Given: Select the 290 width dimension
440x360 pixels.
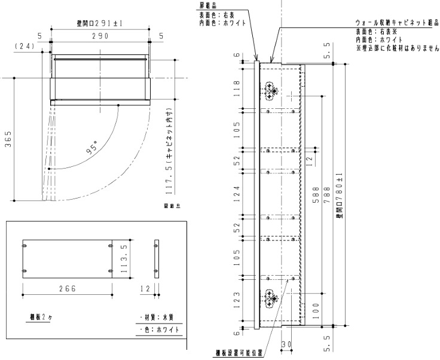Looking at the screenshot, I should point(99,36).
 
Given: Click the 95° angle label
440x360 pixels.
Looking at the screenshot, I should point(93,149).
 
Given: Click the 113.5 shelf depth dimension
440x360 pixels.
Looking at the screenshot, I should point(124,257).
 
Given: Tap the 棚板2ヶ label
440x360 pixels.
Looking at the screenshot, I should point(42,318).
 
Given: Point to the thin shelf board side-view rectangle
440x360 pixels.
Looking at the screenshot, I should point(157,257).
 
